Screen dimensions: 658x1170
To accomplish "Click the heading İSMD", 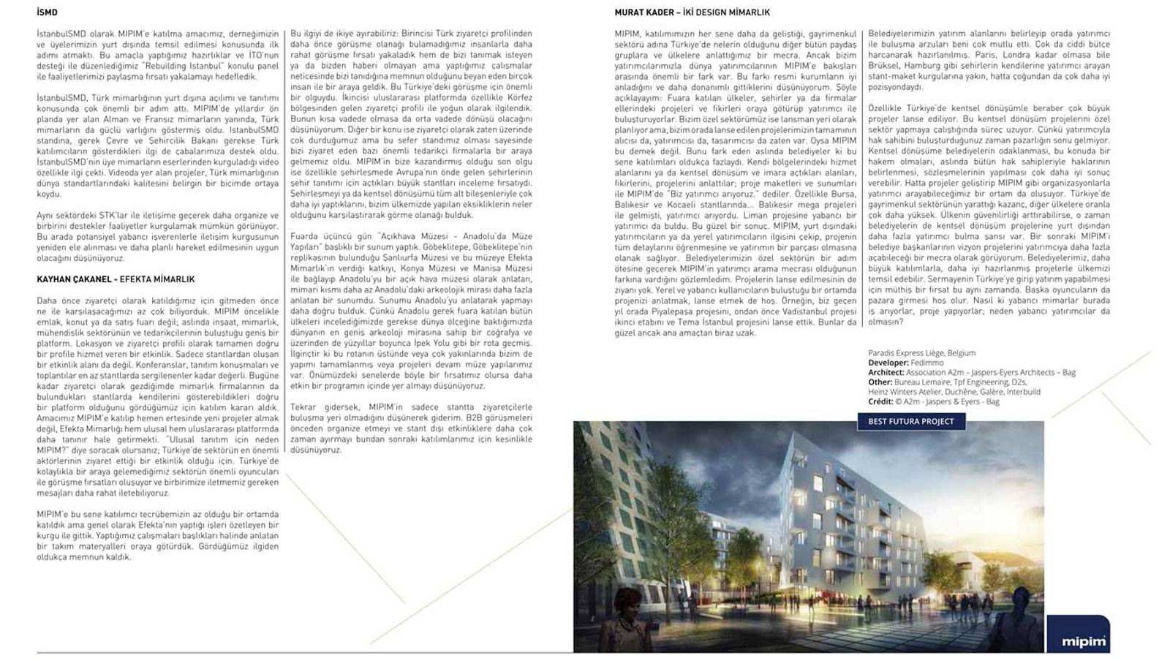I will coord(47,12).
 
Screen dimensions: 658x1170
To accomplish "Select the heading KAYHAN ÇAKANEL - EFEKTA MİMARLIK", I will coord(116,279).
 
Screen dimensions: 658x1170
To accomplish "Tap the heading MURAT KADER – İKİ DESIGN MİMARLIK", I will coord(692,12).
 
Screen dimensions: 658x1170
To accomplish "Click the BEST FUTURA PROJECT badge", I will coord(910,421).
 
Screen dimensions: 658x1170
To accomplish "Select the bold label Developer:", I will coord(888,363).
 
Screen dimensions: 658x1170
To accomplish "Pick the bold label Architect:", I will coord(886,372).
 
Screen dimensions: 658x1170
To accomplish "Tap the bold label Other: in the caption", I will coord(880,382).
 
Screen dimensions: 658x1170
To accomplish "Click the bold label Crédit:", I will coord(880,401).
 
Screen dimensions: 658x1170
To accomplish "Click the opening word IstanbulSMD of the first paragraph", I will coord(58,34).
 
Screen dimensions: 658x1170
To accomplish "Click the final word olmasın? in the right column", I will coord(884,322).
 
